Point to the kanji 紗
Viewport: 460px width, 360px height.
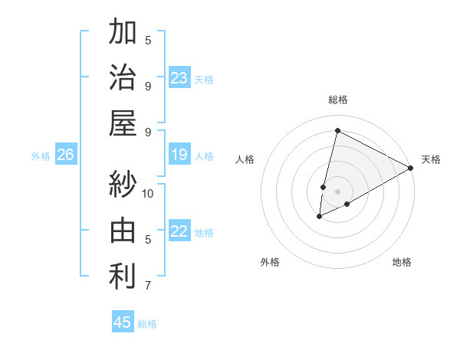point(123,184)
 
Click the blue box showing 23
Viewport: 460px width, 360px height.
point(179,78)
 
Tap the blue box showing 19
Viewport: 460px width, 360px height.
point(179,155)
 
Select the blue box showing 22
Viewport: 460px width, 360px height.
point(179,231)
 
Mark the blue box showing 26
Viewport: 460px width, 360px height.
point(66,155)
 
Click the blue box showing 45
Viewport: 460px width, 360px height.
point(123,322)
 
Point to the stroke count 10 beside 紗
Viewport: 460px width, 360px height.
point(148,193)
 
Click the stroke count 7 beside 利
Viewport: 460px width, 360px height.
point(148,286)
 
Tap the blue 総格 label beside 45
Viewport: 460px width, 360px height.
point(147,324)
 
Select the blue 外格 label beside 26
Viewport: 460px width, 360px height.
point(41,156)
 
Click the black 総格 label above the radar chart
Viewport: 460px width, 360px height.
point(337,100)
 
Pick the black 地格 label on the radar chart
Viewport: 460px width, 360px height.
point(402,262)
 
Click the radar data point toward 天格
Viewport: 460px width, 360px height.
point(411,169)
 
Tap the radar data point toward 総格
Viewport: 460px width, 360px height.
point(337,130)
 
